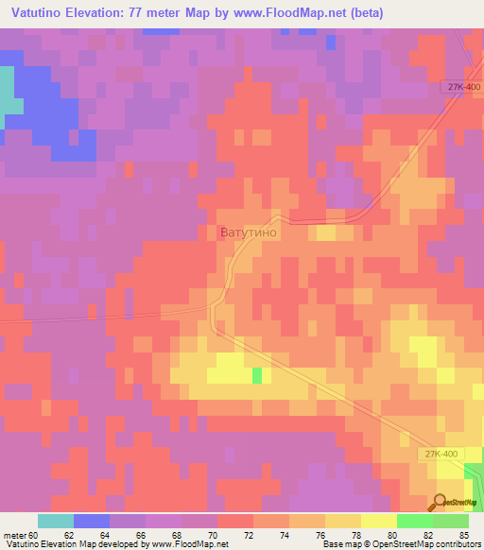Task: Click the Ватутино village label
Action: [249, 231]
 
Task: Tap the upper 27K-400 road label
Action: [464, 87]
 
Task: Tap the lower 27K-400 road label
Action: [441, 454]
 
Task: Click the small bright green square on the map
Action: [257, 375]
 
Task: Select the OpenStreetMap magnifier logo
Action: [440, 502]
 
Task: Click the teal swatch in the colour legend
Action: [56, 521]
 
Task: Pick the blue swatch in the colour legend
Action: [92, 521]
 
